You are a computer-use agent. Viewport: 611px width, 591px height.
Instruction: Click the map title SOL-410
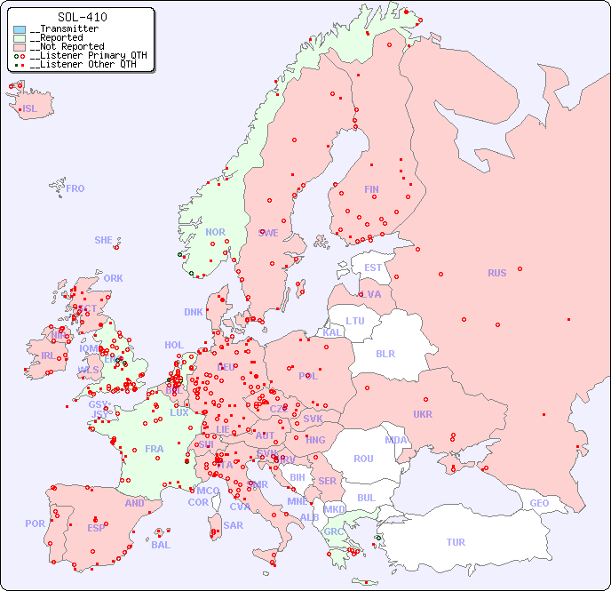coord(82,17)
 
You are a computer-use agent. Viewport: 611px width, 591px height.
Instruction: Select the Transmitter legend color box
coord(20,29)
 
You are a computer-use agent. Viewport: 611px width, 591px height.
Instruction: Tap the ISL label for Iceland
coord(30,109)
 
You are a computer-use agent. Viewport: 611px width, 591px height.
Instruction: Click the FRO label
coord(75,188)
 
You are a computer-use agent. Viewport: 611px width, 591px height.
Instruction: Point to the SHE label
coord(103,240)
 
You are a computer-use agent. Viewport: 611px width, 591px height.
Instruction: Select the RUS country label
coord(496,273)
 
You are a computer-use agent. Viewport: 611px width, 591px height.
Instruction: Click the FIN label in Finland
coord(371,189)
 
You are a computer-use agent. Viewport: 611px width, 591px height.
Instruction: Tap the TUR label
coord(456,542)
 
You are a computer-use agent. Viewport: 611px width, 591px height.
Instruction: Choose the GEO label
coord(539,503)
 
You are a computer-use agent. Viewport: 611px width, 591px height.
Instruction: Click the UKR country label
coord(423,414)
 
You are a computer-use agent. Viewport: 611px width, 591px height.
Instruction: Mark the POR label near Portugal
coord(35,523)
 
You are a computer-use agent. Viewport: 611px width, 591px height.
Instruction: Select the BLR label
coord(385,353)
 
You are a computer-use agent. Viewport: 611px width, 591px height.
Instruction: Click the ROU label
coord(363,459)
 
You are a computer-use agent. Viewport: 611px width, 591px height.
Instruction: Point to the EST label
coord(373,268)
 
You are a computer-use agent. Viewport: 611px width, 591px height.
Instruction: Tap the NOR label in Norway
coord(215,232)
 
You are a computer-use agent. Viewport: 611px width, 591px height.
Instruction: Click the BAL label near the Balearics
coord(161,545)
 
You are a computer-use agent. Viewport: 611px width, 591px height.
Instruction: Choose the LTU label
coord(355,321)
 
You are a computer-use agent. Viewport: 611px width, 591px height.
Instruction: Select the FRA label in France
coord(155,449)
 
